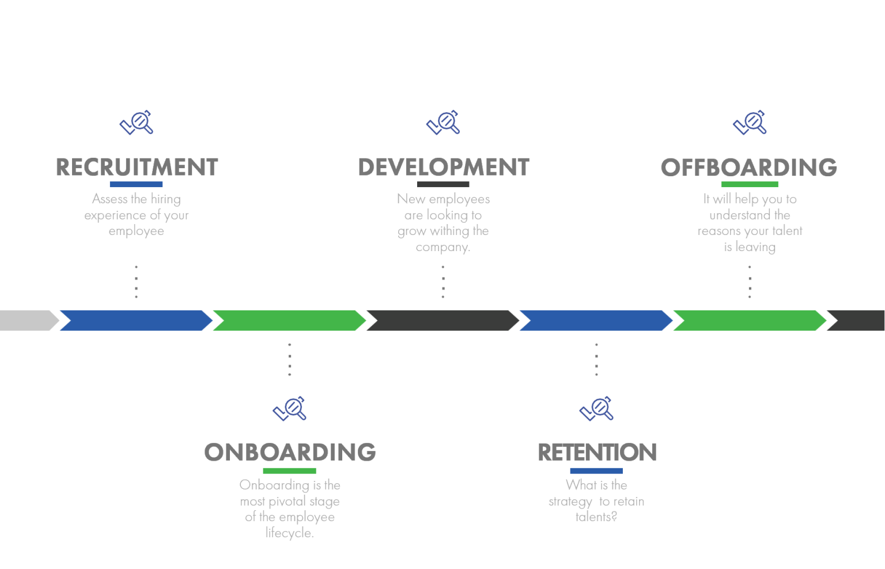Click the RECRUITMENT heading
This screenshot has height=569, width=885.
click(137, 167)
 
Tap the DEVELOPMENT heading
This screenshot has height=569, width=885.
click(443, 167)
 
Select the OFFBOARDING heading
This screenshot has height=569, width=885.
click(749, 168)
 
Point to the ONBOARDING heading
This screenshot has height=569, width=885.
click(290, 452)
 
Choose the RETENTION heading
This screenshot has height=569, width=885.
click(597, 452)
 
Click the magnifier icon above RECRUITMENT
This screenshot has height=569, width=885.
click(137, 122)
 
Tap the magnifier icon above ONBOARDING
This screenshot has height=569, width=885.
click(290, 409)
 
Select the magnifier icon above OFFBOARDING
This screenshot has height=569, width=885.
click(750, 122)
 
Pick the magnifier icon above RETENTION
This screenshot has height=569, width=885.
click(596, 409)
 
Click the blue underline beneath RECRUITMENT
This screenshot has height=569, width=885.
click(136, 184)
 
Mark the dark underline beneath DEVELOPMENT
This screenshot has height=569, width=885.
click(443, 184)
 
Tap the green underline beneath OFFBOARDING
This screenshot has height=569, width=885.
click(750, 184)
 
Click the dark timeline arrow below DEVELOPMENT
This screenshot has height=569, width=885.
click(443, 320)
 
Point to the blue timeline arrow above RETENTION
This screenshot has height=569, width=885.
click(596, 320)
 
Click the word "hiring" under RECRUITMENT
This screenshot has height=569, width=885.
click(165, 199)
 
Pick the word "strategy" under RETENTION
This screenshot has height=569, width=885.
click(570, 502)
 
